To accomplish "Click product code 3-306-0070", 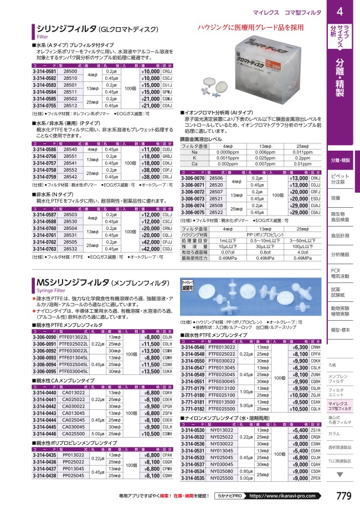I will (194, 179).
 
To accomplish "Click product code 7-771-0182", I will (193, 408).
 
